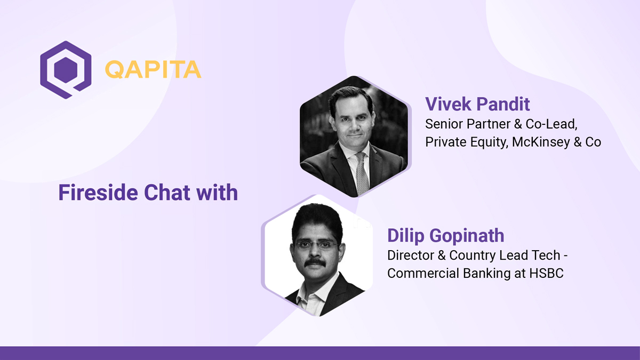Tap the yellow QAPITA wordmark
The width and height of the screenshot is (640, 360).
pos(153,69)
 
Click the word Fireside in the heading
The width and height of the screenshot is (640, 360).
pos(98,193)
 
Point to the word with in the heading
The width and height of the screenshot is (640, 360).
pos(217,193)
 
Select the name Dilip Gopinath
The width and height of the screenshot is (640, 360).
pos(446,236)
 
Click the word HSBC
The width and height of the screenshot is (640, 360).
pos(546,273)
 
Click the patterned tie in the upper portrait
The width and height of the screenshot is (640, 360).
pos(362,173)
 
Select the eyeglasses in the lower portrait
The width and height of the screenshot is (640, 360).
pos(316,245)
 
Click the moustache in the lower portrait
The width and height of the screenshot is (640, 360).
pos(315,262)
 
